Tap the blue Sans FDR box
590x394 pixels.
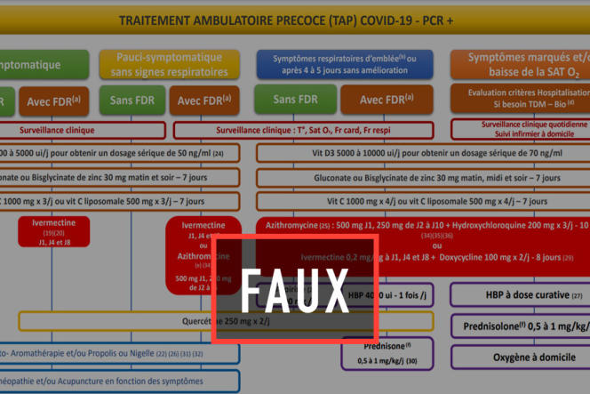[295, 100]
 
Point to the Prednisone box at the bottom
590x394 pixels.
[387, 352]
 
